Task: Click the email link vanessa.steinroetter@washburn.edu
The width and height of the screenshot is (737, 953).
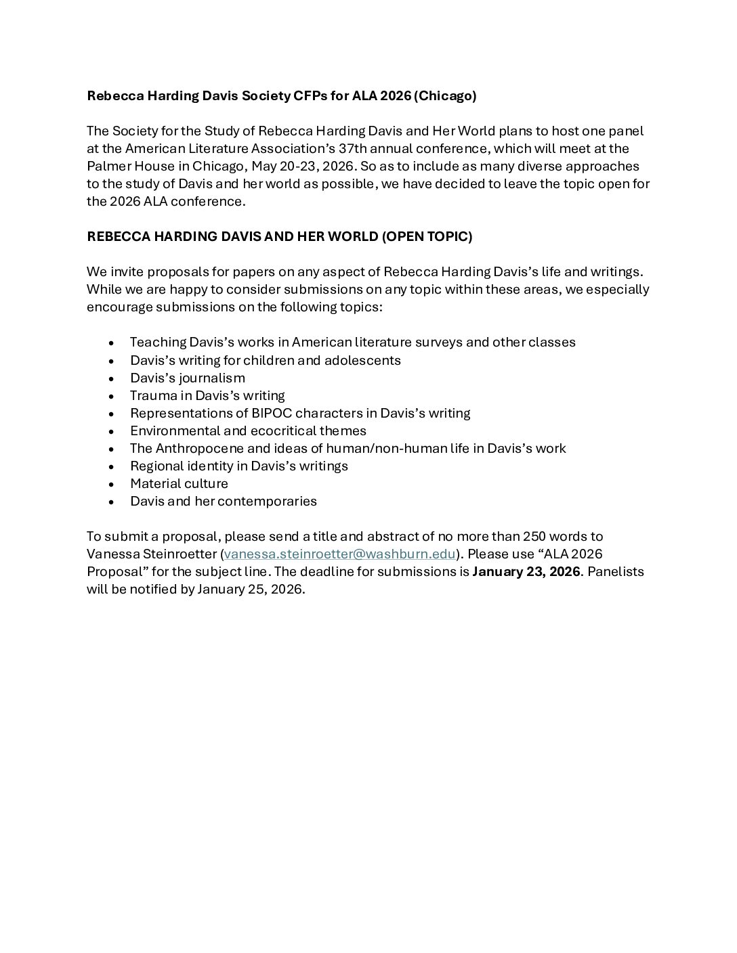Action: pyautogui.click(x=339, y=554)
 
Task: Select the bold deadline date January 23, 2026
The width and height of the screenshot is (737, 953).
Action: pyautogui.click(x=526, y=571)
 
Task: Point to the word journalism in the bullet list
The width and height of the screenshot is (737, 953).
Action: pyautogui.click(x=212, y=378)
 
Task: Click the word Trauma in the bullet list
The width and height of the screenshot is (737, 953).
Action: pyautogui.click(x=153, y=395)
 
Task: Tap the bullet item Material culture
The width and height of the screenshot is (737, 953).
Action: pyautogui.click(x=179, y=483)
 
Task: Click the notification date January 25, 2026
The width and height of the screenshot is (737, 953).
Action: pyautogui.click(x=250, y=589)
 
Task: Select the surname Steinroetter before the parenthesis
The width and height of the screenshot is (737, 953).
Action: pyautogui.click(x=177, y=554)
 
